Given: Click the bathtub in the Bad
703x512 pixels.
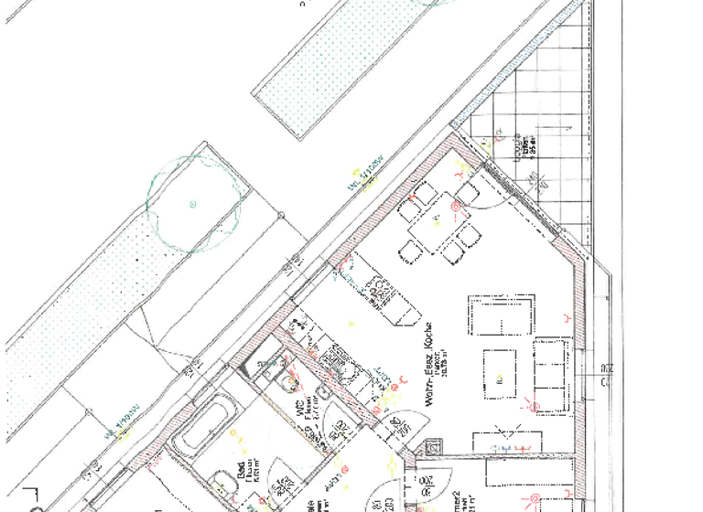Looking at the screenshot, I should point(202,426).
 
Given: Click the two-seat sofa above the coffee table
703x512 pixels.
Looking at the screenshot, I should point(500,315).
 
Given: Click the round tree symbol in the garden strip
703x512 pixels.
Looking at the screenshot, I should point(192,203).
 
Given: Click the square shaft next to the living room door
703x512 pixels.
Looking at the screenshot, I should point(432,451).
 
